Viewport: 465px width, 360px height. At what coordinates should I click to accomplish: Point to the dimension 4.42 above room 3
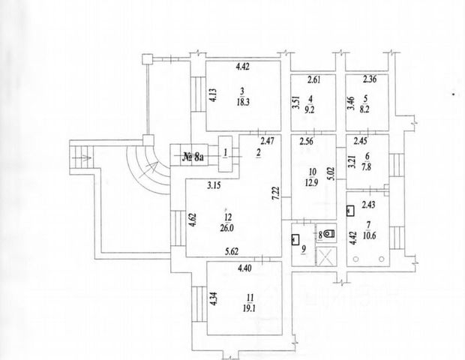pos(243,67)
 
